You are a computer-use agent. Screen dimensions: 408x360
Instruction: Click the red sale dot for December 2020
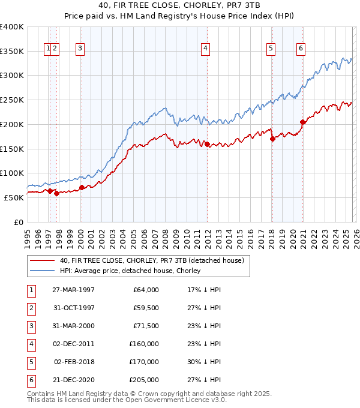[303, 122]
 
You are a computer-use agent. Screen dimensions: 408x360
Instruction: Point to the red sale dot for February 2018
[272, 139]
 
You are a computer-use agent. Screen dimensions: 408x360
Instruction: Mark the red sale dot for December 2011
[207, 144]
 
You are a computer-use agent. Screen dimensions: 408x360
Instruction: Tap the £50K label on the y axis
[14, 197]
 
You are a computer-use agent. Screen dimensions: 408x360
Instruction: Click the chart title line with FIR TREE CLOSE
[180, 8]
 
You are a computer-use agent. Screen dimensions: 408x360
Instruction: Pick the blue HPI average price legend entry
[130, 271]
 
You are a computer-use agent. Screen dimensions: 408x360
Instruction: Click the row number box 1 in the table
[30, 290]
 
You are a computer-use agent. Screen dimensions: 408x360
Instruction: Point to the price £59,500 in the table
[146, 308]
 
